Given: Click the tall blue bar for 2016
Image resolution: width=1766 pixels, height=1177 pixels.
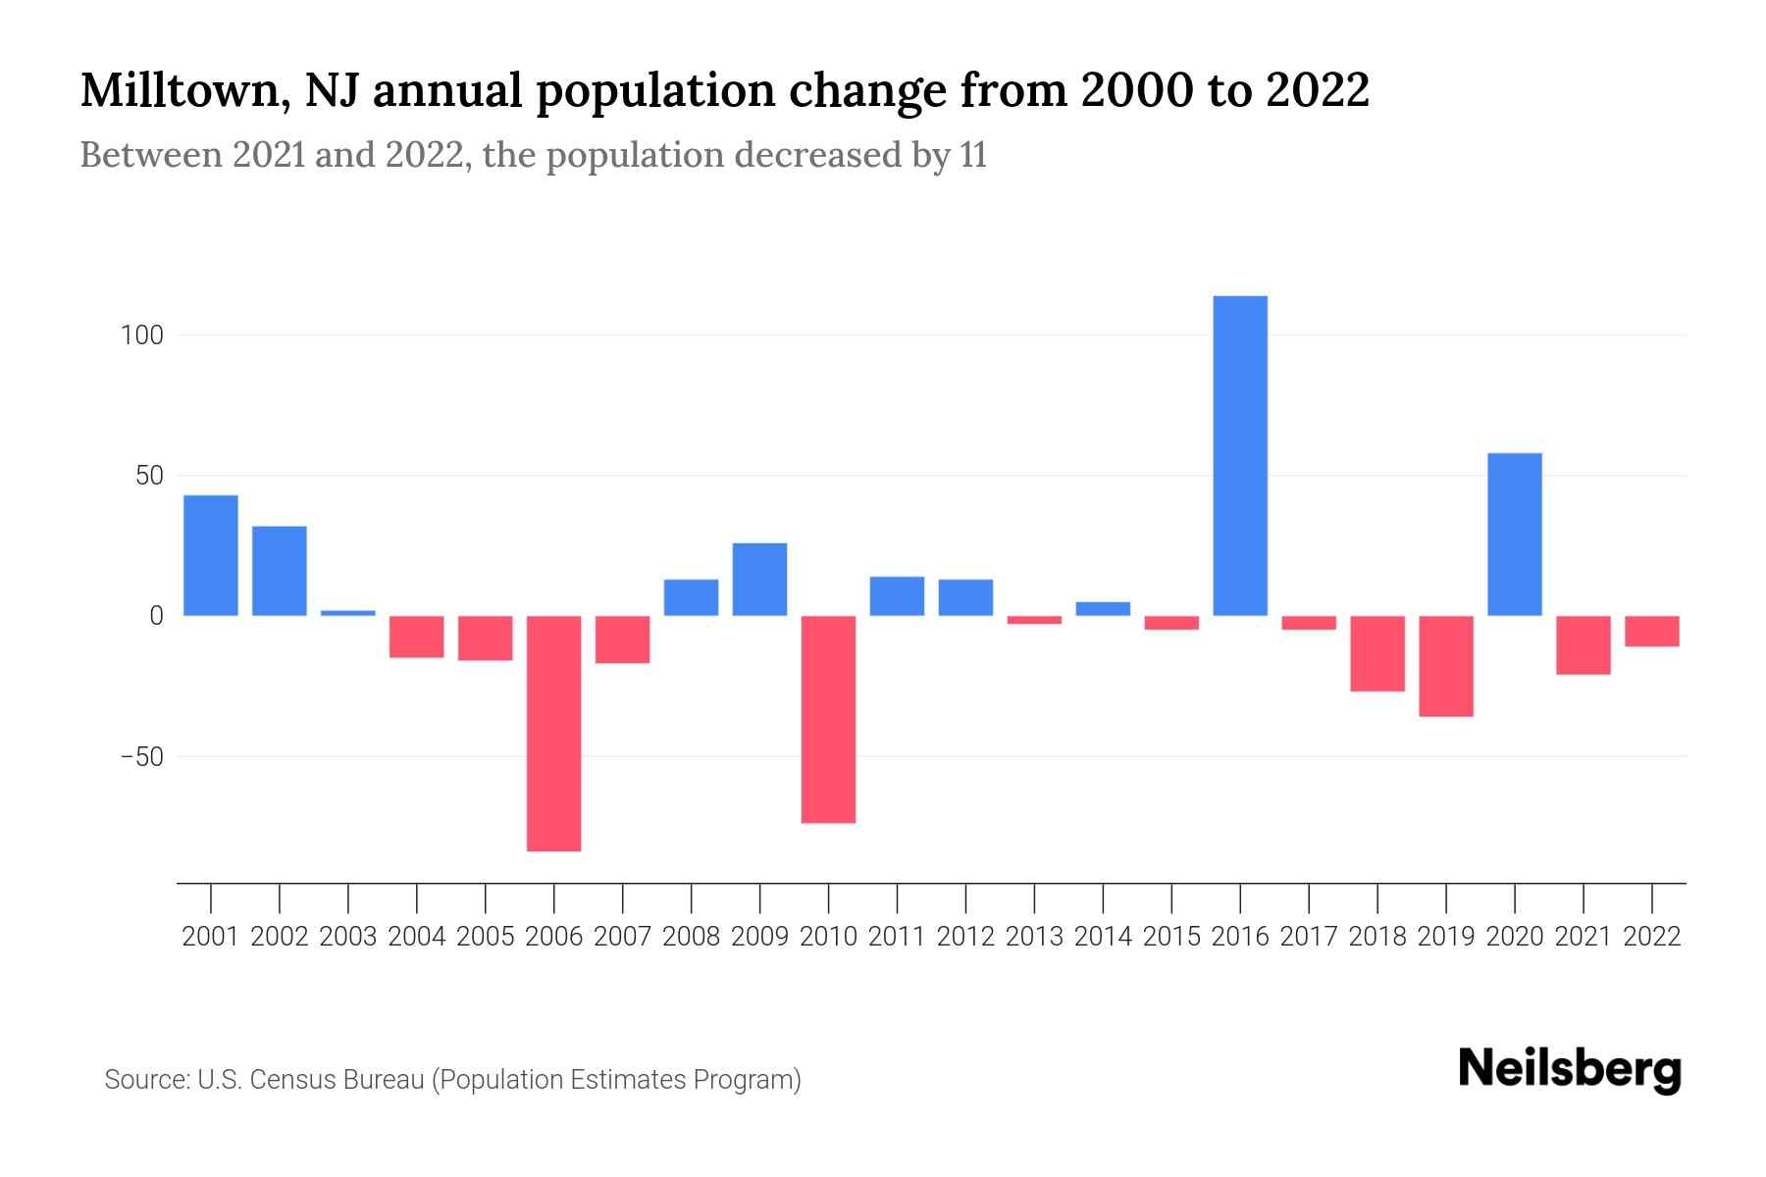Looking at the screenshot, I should tap(1240, 456).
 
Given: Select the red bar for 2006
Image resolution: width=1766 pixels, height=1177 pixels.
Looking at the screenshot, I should tap(554, 733).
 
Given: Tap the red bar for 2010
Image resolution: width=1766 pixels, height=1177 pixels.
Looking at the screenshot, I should tap(829, 719).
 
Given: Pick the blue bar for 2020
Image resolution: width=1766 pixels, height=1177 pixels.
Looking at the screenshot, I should tap(1515, 535).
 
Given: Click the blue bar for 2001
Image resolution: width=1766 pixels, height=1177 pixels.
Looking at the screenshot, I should tap(211, 555).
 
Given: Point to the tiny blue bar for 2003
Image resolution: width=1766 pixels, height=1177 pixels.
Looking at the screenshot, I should tap(348, 613).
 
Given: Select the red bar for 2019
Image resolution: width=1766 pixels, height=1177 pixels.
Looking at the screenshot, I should tap(1446, 666).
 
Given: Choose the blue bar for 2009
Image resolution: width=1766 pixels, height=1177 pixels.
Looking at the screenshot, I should tap(760, 579).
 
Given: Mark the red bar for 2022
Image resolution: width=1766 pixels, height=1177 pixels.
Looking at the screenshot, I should tap(1652, 631).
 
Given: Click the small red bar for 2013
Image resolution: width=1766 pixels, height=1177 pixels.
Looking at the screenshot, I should tap(1034, 620).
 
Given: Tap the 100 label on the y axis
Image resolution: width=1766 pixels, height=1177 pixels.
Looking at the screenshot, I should tap(141, 335).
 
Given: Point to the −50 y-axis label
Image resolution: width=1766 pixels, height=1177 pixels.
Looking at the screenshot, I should tap(141, 757).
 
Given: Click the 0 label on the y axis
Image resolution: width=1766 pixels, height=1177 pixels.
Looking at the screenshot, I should tap(156, 616).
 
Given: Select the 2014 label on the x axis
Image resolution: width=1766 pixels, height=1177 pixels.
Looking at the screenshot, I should tap(1103, 937).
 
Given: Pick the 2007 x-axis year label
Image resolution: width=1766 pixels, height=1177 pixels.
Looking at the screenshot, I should tap(623, 937).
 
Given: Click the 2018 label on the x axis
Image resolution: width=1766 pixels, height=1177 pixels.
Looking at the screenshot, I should tap(1377, 937).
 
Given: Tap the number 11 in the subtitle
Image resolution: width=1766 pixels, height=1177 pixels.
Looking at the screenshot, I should tap(973, 156).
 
